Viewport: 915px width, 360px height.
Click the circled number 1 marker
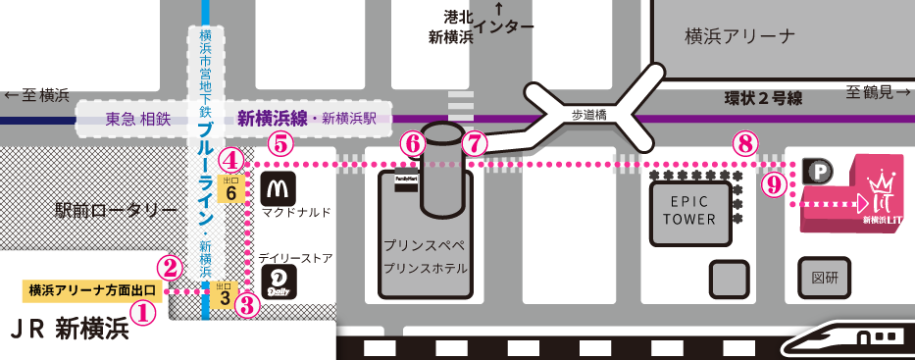pyautogui.click(x=143, y=314)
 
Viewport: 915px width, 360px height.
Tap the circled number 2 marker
pyautogui.click(x=171, y=266)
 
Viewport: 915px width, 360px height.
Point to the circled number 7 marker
pyautogui.click(x=474, y=143)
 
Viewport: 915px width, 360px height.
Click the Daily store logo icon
pyautogui.click(x=280, y=283)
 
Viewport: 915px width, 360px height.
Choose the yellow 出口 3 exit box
pyautogui.click(x=224, y=291)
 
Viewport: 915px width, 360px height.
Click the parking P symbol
pyautogui.click(x=818, y=172)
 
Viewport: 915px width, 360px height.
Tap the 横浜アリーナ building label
pyautogui.click(x=740, y=36)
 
